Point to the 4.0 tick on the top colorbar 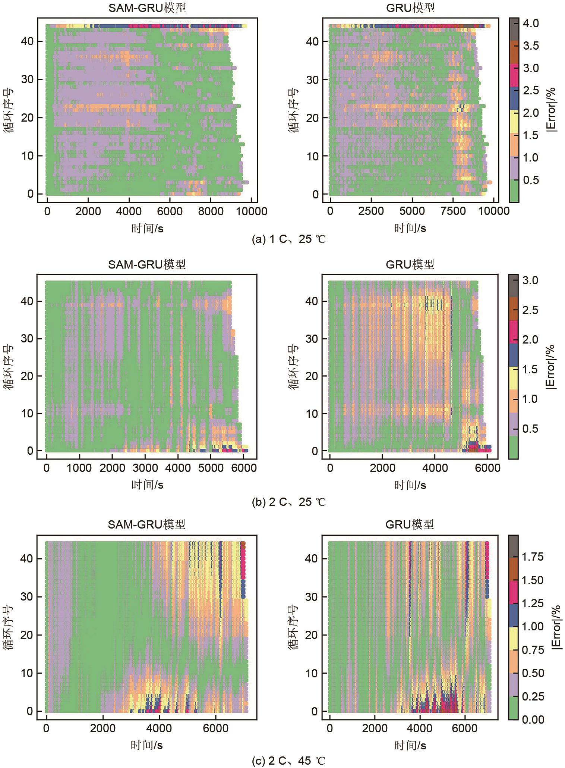(530, 23)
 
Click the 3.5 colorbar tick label (530, 46)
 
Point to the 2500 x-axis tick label (371, 211)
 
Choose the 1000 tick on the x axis (79, 468)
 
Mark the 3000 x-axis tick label (145, 468)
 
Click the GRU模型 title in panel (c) (410, 525)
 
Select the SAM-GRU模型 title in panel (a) (147, 8)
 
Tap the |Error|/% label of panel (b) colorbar (550, 367)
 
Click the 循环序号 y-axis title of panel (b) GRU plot (293, 367)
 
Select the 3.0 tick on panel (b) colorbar (530, 280)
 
